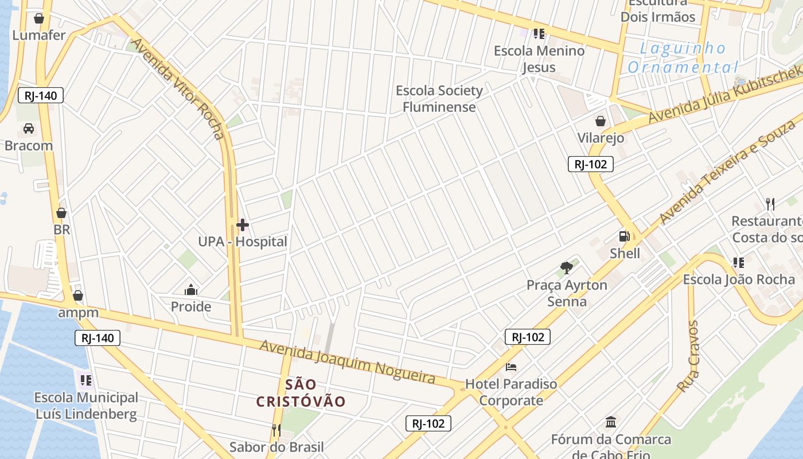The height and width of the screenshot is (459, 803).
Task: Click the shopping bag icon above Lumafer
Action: point(39,18)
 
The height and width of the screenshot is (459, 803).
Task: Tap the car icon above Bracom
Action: point(29,129)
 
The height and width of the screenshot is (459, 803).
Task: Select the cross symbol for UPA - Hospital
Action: point(243,225)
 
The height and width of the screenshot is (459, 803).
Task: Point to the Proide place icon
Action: point(191,290)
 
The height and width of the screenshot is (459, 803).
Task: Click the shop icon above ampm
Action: point(78,295)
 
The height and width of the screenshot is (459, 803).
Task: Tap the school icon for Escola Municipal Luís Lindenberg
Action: point(86,380)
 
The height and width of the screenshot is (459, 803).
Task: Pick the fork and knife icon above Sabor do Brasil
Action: point(276,430)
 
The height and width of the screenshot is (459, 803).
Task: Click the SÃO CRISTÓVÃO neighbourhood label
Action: point(301,393)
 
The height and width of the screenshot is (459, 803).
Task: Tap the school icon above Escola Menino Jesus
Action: point(539,34)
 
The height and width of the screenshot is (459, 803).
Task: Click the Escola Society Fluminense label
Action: point(439,99)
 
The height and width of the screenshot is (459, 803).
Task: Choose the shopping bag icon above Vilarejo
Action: point(601,121)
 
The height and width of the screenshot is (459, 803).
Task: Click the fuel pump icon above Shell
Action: point(624,236)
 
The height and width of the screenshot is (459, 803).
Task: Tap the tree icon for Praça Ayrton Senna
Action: point(567,267)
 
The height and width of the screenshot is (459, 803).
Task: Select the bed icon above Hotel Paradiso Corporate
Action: point(511,367)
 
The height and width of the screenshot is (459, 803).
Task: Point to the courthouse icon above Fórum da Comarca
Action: point(611,422)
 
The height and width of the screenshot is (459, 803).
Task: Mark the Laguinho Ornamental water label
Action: point(683,58)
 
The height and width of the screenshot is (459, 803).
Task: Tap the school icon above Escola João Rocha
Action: point(738,263)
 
